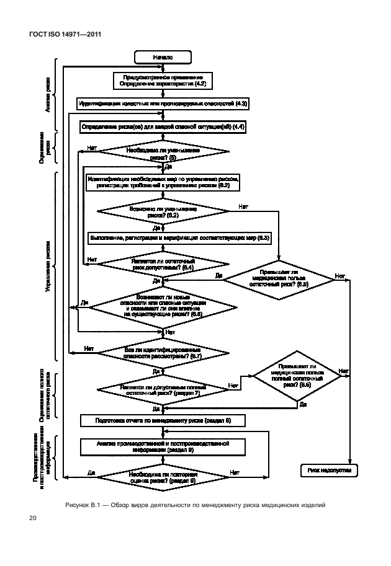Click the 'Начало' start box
click(x=163, y=57)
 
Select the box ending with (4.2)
click(x=163, y=80)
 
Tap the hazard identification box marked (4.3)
click(x=163, y=104)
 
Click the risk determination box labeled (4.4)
click(x=163, y=126)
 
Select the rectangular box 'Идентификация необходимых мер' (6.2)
click(x=163, y=182)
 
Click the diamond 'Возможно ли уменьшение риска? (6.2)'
click(x=163, y=211)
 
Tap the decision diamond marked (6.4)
click(x=163, y=264)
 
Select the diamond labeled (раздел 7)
click(x=163, y=389)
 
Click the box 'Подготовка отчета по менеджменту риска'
click(x=163, y=420)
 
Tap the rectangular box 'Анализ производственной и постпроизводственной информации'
click(x=163, y=447)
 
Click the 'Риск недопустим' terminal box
click(x=328, y=471)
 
